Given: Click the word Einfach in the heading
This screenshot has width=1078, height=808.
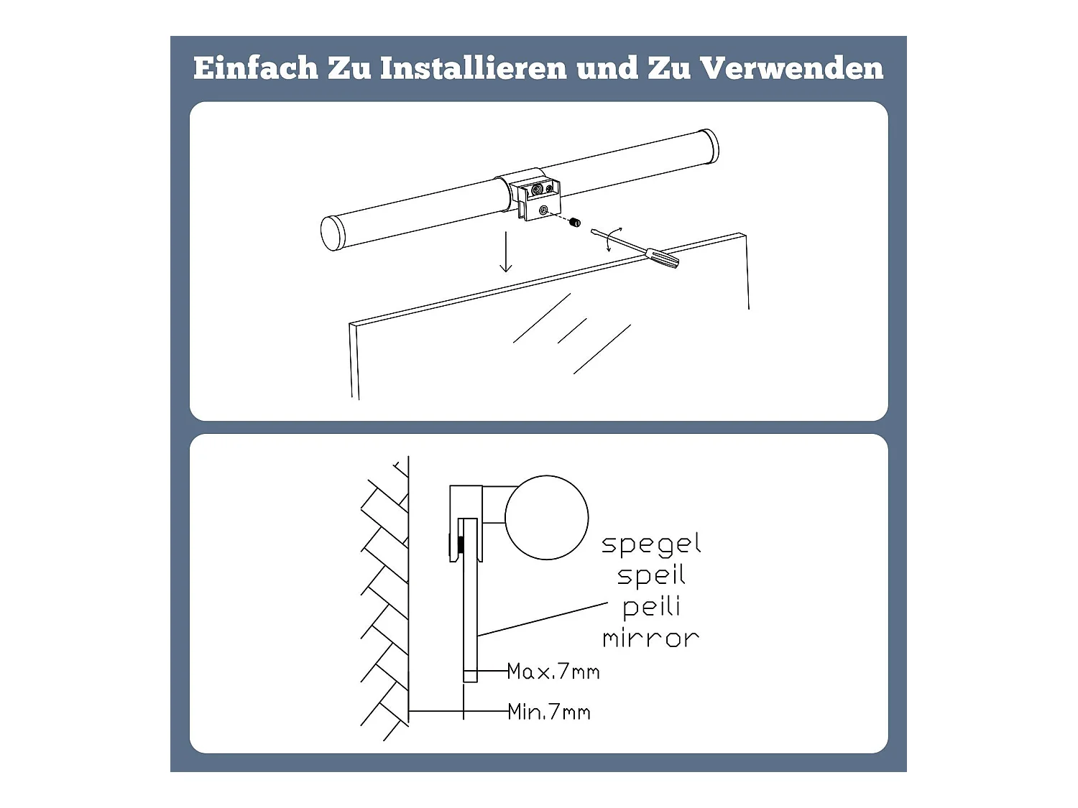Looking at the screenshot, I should coord(255,68).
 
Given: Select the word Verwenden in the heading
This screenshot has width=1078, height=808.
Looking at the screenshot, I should coord(791,68).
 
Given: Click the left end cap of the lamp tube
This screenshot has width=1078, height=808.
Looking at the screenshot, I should coord(331,233).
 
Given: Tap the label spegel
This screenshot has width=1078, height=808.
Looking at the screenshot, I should coord(651,544).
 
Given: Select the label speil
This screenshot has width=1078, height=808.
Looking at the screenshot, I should coord(651,575).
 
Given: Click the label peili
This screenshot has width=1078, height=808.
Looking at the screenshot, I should coord(651,607).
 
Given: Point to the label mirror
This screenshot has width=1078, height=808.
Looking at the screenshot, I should coord(651,638).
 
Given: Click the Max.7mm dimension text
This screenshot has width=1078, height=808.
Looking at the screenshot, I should coord(553,672).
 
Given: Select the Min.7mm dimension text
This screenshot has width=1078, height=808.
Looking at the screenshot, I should coord(549,712).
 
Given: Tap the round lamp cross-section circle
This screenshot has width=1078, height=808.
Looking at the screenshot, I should coord(546,517).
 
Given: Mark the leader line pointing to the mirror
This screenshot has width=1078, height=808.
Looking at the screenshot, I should coord(543,619).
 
